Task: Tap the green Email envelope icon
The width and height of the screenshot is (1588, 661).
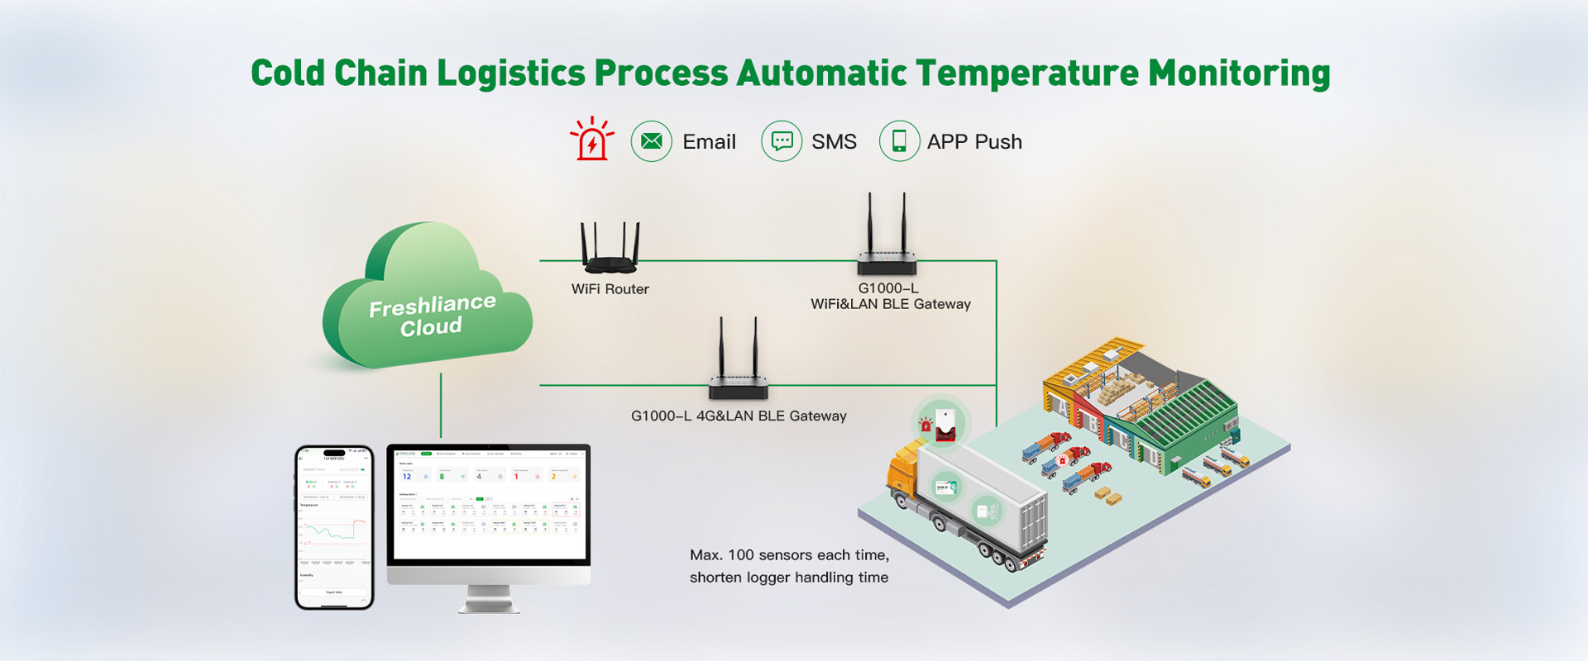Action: [x=651, y=141]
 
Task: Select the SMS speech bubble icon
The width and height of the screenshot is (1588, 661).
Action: [x=781, y=141]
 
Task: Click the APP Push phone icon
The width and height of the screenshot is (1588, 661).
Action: [x=899, y=141]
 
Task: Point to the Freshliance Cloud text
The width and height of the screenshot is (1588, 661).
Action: [x=432, y=316]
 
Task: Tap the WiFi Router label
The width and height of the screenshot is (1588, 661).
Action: [x=610, y=289]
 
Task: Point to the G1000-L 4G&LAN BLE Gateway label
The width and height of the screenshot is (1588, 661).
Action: [x=739, y=416]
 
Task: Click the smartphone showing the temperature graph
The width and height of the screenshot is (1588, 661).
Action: [x=334, y=527]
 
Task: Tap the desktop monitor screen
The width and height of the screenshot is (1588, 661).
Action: [x=489, y=504]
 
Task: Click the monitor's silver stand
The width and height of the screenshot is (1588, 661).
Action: [x=488, y=599]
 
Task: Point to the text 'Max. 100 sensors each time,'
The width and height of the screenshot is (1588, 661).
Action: [x=789, y=555]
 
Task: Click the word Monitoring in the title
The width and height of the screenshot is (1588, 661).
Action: [x=1239, y=73]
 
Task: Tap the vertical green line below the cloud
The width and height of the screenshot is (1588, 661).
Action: [x=441, y=405]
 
